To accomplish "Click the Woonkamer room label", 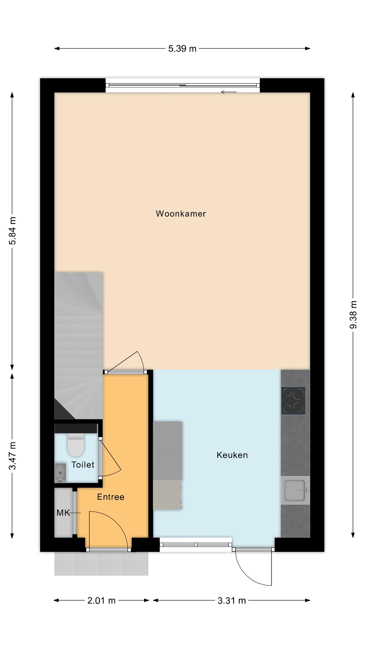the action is click(x=181, y=214).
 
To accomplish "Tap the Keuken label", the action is click(x=232, y=455).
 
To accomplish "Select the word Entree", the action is click(x=110, y=497).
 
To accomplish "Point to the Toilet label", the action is click(x=83, y=465).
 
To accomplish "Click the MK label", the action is click(x=63, y=513).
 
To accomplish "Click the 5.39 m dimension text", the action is click(x=182, y=49).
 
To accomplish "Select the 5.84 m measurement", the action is click(x=12, y=231).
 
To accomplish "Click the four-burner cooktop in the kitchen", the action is click(x=293, y=401).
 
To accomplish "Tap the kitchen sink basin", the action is click(x=295, y=490).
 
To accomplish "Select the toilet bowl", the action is click(x=75, y=445).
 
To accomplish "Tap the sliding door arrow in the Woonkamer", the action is click(x=229, y=92).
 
